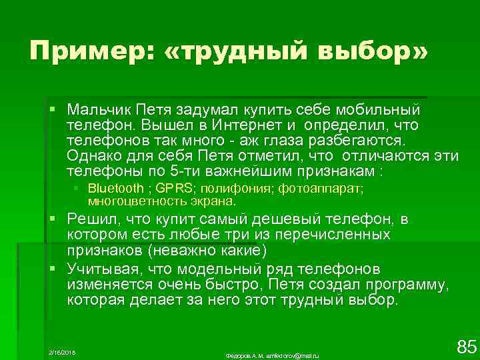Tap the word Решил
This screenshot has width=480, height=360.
point(91,219)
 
